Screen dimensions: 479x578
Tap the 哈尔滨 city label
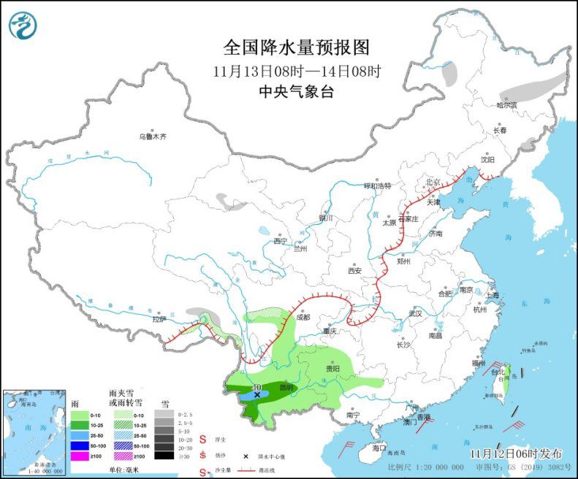[x=506, y=105]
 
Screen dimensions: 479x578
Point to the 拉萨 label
[x=159, y=319]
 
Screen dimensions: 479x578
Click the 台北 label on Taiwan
[x=498, y=371]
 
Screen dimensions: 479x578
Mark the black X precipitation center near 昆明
[x=257, y=394]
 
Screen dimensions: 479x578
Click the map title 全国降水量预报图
[x=297, y=48]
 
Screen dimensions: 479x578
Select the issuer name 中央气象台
[x=297, y=92]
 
